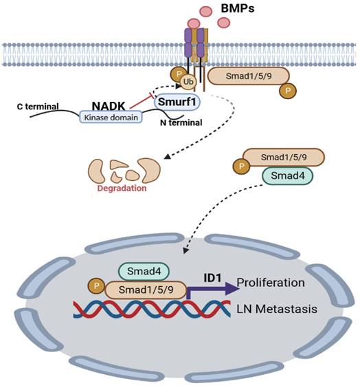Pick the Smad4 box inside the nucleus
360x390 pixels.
[139, 272]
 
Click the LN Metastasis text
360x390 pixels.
[277, 309]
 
